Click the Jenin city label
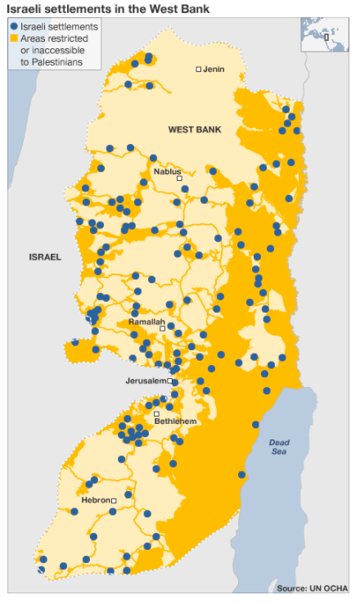(x=214, y=70)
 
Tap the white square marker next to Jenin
(x=198, y=70)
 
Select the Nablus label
(x=167, y=170)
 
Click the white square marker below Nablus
(x=179, y=178)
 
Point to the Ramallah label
(x=146, y=322)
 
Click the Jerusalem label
(x=145, y=381)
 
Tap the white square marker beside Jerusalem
(x=170, y=381)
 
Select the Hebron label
(x=95, y=499)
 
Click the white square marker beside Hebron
(x=115, y=500)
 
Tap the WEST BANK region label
(x=195, y=129)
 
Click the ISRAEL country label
(x=45, y=257)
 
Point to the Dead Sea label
(x=280, y=447)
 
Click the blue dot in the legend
(x=15, y=27)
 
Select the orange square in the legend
(x=15, y=38)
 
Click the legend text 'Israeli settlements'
(x=59, y=27)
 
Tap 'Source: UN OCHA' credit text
(x=312, y=588)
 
